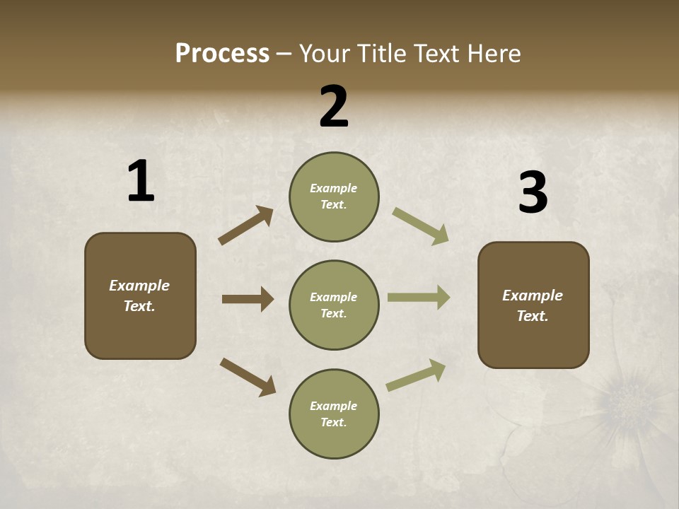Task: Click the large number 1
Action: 141,181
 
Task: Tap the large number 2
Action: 334,107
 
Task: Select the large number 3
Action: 533,193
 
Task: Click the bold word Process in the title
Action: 222,53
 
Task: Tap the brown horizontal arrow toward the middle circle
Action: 248,299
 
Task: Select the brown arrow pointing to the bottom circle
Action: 248,376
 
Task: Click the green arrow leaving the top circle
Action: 421,226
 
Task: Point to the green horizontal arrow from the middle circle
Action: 419,298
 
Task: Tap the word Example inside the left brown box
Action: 139,286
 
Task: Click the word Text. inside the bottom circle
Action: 334,422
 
